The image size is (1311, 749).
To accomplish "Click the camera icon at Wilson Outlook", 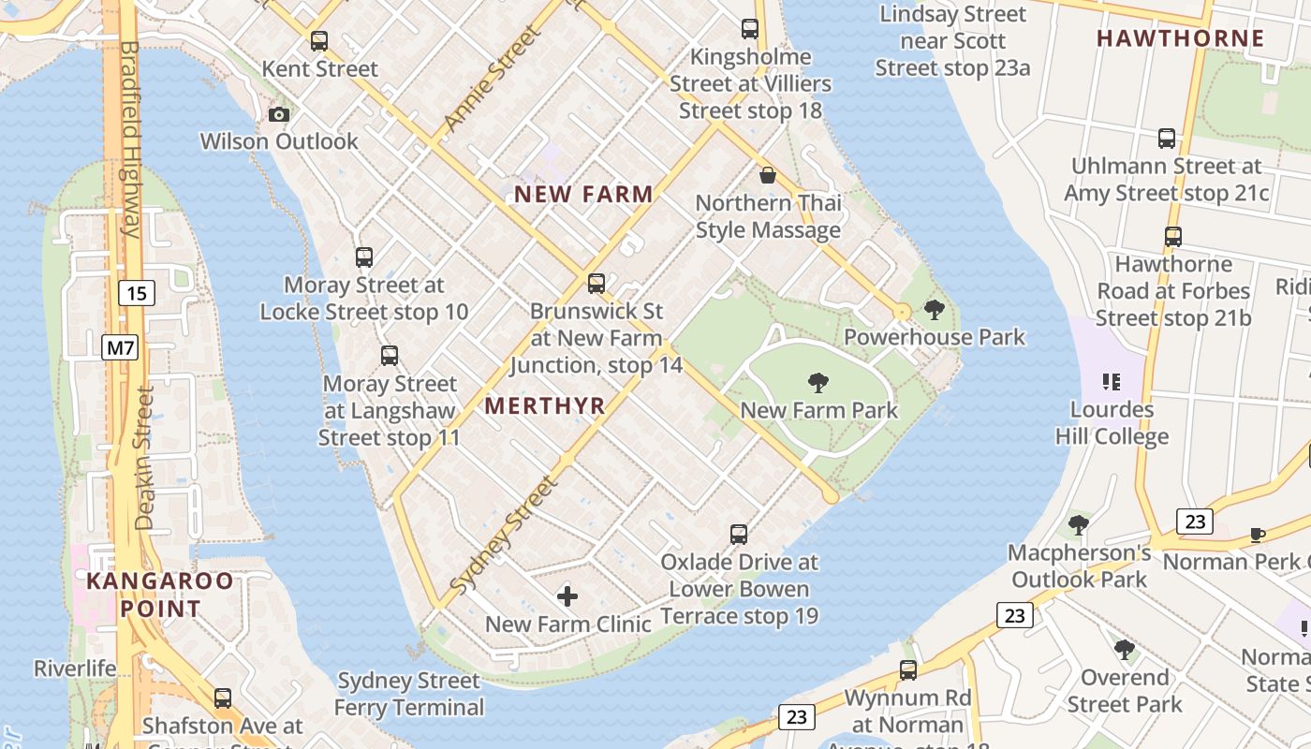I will tap(279, 114).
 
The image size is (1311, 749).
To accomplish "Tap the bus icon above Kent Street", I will tap(319, 41).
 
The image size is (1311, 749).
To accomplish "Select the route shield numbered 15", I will tap(137, 294).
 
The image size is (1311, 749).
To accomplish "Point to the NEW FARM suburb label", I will tap(583, 195).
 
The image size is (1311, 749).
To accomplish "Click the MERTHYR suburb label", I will tap(545, 406).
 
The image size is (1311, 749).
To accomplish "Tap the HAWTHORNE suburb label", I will tap(1180, 38).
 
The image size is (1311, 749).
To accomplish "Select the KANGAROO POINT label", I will tap(159, 595).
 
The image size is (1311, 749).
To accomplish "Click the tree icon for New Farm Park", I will tap(818, 382).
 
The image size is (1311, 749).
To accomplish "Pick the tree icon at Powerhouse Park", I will tap(934, 310).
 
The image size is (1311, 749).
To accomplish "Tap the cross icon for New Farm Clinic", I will tap(567, 596).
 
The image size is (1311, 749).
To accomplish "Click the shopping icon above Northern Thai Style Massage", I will tap(768, 175).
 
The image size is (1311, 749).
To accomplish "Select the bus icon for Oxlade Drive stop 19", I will tap(739, 535).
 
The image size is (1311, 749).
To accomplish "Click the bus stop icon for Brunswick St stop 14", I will tap(597, 284).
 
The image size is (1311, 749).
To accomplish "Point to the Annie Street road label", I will tap(492, 80).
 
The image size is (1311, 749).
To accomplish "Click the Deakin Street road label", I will tap(143, 459).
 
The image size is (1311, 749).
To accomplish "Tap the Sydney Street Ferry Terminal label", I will tap(409, 694).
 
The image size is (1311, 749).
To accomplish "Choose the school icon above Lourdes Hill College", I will tap(1112, 381).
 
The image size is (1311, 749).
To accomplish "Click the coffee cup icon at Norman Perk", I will tap(1258, 535).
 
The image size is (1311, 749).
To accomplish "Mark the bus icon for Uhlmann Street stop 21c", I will tap(1167, 139).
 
